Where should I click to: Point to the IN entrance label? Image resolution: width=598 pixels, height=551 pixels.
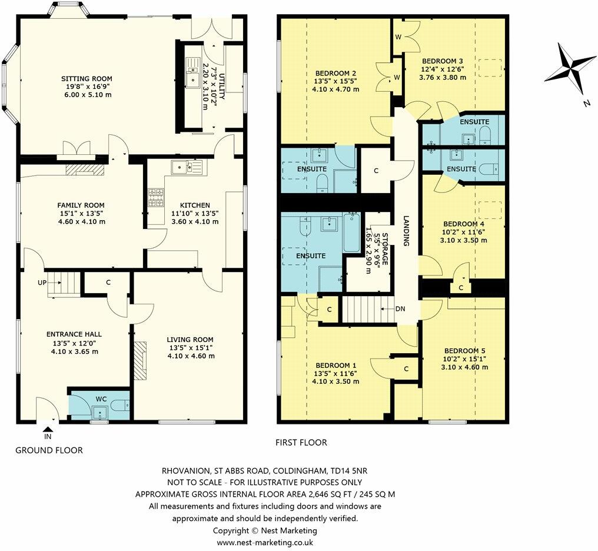(x=48, y=437)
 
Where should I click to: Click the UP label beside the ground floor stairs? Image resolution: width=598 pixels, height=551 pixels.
(x=42, y=283)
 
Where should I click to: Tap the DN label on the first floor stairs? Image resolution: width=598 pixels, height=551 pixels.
(x=400, y=308)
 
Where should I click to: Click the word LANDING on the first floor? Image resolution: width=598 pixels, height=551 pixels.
(x=406, y=230)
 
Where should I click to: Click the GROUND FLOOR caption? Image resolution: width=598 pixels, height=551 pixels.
(x=49, y=450)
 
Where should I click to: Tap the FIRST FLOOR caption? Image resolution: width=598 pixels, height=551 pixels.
(x=301, y=443)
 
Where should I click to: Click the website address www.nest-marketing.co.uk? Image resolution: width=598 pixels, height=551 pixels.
(x=264, y=543)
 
